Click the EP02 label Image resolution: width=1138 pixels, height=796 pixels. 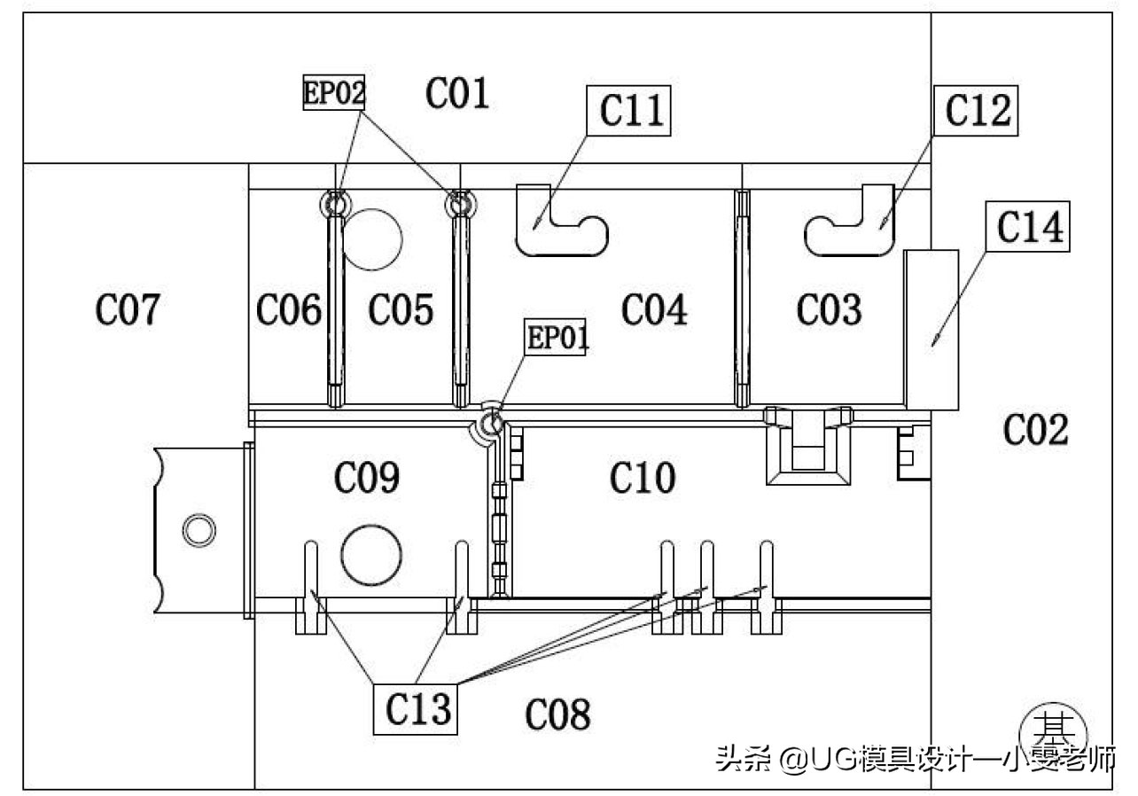334,92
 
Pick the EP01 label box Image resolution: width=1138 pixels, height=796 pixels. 557,338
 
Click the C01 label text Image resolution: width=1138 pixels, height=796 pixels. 457,92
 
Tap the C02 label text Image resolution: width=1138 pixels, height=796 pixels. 1036,430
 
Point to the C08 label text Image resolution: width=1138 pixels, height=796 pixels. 557,714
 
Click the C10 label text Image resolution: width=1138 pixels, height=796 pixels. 643,478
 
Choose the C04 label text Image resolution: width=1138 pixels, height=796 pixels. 654,310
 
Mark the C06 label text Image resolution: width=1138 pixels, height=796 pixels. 288,310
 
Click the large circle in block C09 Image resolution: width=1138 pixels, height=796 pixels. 370,554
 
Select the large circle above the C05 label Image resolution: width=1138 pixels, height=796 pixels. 373,238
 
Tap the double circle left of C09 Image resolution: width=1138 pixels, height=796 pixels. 199,530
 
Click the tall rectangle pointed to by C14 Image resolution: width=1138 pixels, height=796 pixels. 931,330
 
